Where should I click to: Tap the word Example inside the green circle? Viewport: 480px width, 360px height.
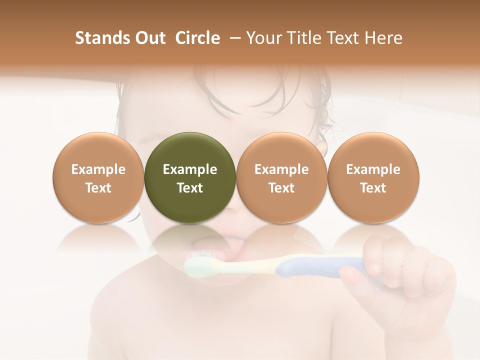190,169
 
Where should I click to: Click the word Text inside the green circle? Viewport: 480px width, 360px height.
190,188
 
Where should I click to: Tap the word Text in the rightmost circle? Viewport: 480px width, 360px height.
373,188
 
